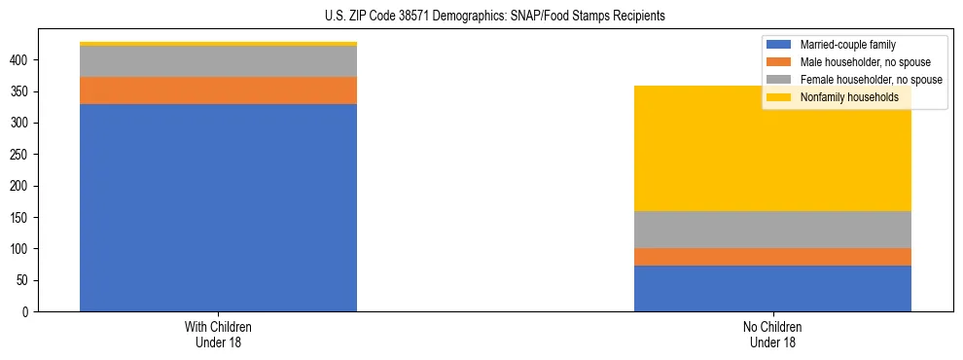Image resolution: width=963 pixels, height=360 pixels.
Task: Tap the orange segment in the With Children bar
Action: click(x=218, y=90)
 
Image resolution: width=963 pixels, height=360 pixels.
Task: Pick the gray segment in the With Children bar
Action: click(x=218, y=61)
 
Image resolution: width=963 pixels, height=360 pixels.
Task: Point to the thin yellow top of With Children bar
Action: click(x=218, y=44)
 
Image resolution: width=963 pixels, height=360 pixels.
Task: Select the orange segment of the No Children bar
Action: click(x=772, y=257)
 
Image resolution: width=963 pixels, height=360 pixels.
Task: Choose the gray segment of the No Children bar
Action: click(x=772, y=230)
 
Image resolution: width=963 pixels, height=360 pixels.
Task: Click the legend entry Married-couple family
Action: click(x=844, y=45)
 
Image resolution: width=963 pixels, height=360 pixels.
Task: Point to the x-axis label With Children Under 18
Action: click(x=218, y=334)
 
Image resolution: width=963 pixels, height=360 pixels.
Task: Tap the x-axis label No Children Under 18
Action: click(x=772, y=334)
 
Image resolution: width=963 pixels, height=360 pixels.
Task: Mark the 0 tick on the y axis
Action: click(x=28, y=311)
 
